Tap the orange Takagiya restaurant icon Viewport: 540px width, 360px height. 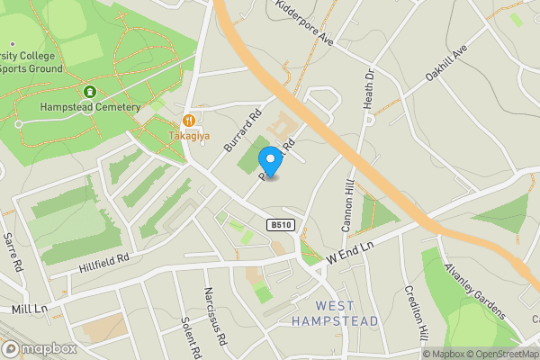189,120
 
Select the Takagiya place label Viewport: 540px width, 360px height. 189,136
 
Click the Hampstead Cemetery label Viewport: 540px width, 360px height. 90,107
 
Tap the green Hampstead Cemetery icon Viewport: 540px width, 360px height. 90,92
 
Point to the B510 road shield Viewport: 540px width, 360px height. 279,226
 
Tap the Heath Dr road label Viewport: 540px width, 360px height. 368,89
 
